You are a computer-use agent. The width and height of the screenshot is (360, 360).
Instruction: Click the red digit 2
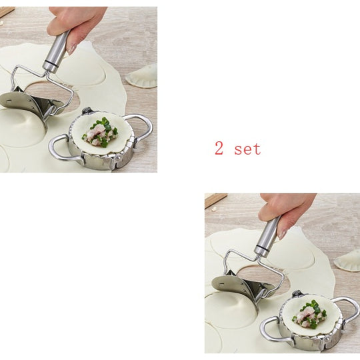[219, 148]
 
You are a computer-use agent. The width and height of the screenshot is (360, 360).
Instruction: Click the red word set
[247, 149]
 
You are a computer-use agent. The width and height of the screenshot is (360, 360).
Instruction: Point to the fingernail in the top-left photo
[72, 49]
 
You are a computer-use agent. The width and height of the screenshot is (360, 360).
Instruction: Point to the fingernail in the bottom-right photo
[282, 233]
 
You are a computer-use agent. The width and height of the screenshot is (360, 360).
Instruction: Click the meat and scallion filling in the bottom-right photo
[309, 315]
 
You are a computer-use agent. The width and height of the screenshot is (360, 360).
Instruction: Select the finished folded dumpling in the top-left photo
[142, 76]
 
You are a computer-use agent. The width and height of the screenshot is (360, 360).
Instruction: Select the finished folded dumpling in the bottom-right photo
[348, 260]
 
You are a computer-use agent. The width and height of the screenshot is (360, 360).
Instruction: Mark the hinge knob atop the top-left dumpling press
[86, 111]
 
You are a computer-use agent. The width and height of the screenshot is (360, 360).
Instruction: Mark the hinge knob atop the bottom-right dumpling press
[297, 293]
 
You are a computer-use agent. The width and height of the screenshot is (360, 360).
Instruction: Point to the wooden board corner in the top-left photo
[7, 12]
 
